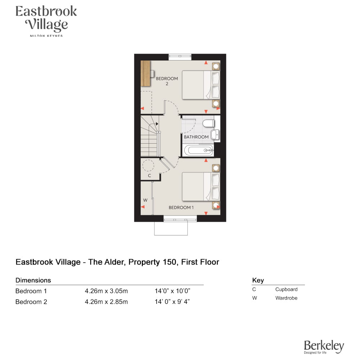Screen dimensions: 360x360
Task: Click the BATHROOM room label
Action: [196, 137]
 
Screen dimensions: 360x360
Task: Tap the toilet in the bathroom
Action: [208, 123]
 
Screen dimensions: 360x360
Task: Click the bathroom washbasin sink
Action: [215, 135]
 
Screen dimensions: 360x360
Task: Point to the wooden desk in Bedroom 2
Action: [145, 73]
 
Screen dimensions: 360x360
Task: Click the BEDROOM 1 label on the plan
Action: [181, 208]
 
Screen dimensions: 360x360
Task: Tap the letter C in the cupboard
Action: [149, 176]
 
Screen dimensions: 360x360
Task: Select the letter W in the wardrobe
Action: [145, 200]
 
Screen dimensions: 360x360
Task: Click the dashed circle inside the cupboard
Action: [148, 165]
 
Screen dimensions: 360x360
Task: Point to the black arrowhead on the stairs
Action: [157, 124]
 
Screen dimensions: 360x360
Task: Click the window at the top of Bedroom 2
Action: [180, 57]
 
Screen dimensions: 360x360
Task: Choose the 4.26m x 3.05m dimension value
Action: [106, 291]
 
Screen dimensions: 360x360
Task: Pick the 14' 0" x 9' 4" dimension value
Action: [172, 302]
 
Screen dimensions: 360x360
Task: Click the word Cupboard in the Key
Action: [286, 289]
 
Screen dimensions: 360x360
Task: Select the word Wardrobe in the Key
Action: [286, 298]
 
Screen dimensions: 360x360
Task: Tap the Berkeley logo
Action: [324, 347]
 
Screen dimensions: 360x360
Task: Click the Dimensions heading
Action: [33, 280]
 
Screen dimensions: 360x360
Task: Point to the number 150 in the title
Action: [170, 262]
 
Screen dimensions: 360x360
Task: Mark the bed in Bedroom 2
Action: [201, 85]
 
